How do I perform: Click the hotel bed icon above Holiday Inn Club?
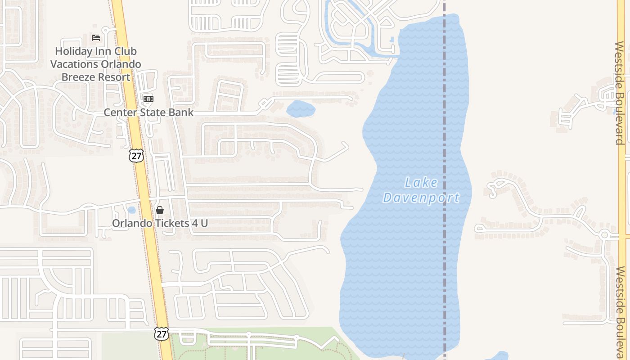(x=95, y=37)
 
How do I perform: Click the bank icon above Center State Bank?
(x=148, y=99)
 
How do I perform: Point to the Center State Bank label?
(x=148, y=112)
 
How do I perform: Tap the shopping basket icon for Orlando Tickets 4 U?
(x=159, y=210)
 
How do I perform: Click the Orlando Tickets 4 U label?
(x=160, y=223)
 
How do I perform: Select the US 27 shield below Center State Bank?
(x=136, y=156)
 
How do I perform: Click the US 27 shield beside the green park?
(x=162, y=333)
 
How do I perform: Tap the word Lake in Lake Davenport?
(x=421, y=183)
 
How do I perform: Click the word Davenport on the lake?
(x=421, y=198)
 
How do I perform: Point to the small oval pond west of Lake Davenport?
(x=301, y=108)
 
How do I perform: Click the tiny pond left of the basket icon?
(x=131, y=210)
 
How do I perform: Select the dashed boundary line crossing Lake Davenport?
(x=444, y=270)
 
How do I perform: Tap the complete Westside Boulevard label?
(x=620, y=93)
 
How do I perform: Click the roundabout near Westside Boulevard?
(x=604, y=235)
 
